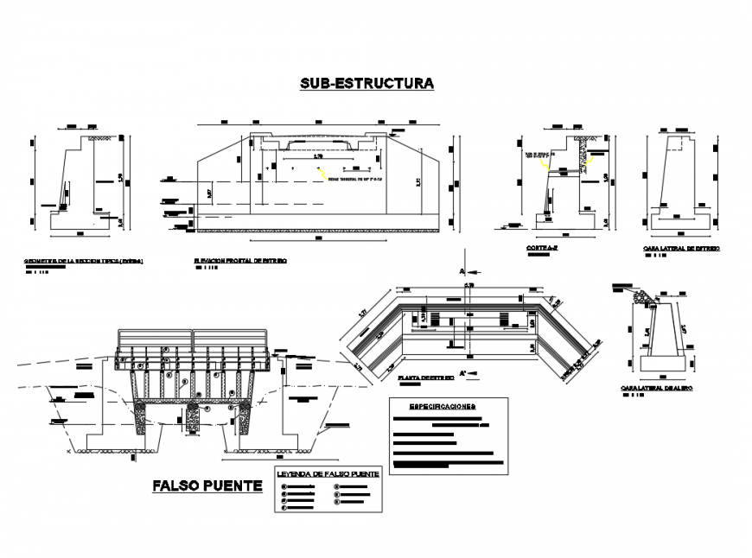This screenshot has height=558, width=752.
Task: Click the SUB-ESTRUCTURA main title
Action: point(366,84)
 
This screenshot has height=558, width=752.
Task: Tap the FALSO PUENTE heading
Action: point(207,486)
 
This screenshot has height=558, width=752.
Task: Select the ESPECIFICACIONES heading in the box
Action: point(442,406)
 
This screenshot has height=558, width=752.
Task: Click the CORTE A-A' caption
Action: point(538,248)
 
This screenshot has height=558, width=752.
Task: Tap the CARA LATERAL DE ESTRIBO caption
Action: point(681,249)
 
